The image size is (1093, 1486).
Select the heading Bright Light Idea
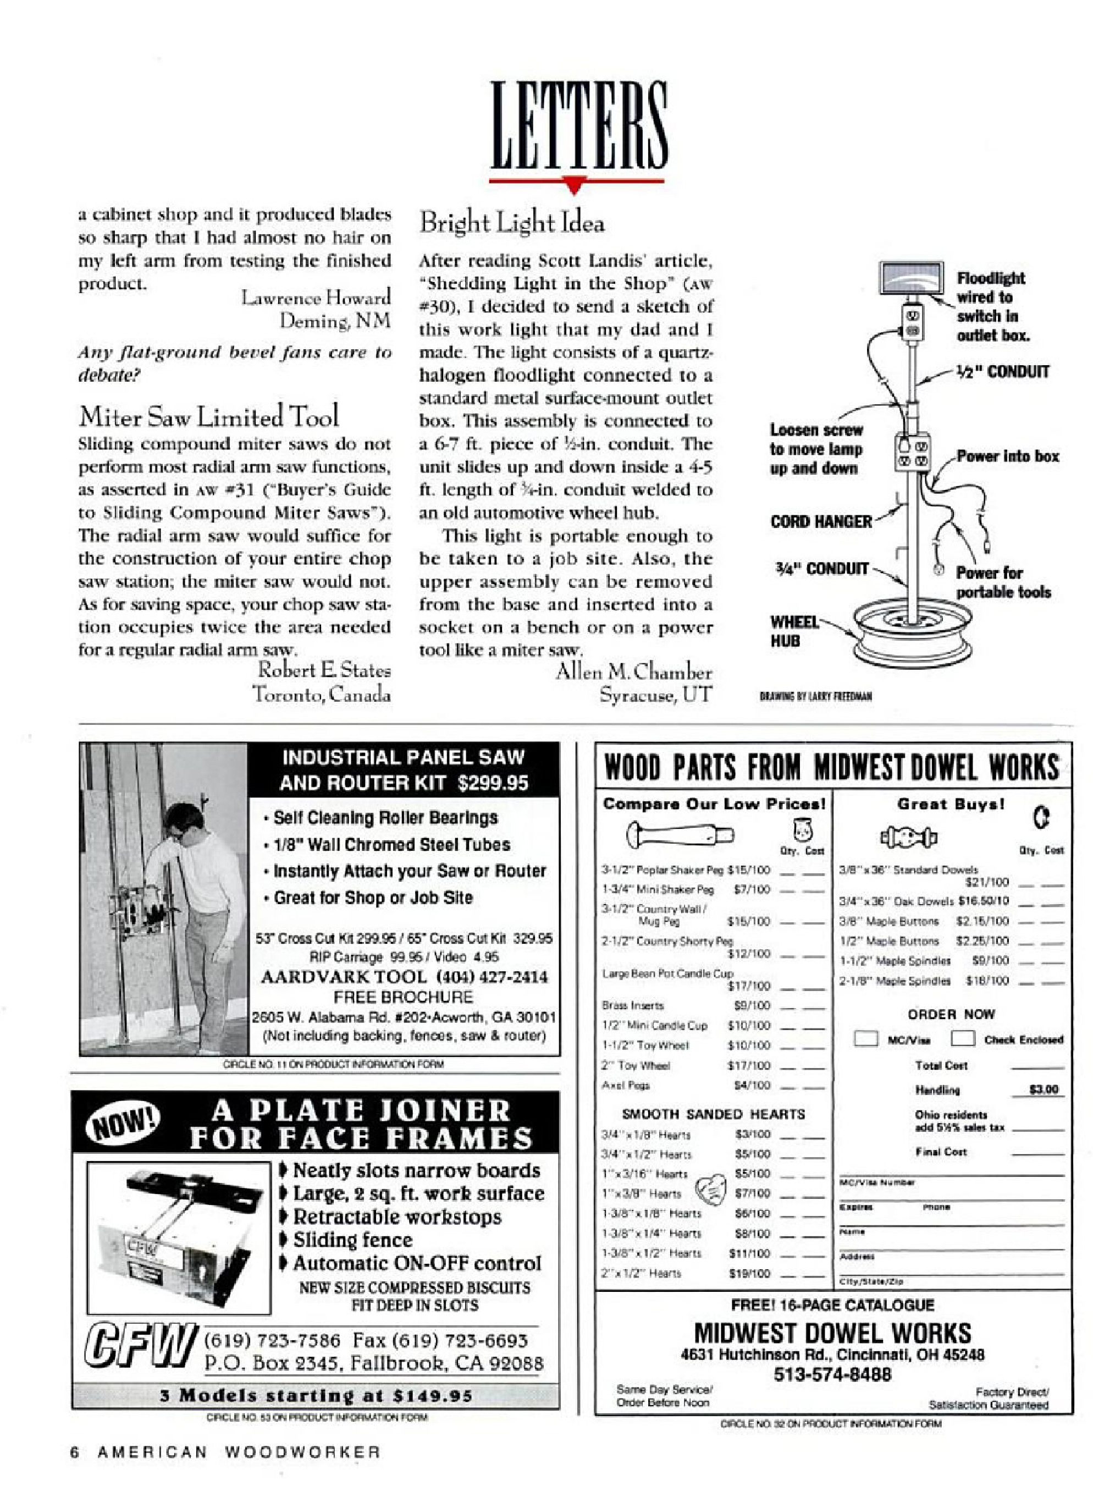[511, 223]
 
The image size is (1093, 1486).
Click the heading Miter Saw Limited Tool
[208, 417]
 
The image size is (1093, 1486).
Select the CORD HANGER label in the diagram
[820, 521]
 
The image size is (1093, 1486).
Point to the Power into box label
[1007, 456]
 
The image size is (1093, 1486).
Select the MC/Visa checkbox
[865, 1038]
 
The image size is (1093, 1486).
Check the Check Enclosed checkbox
[962, 1038]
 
